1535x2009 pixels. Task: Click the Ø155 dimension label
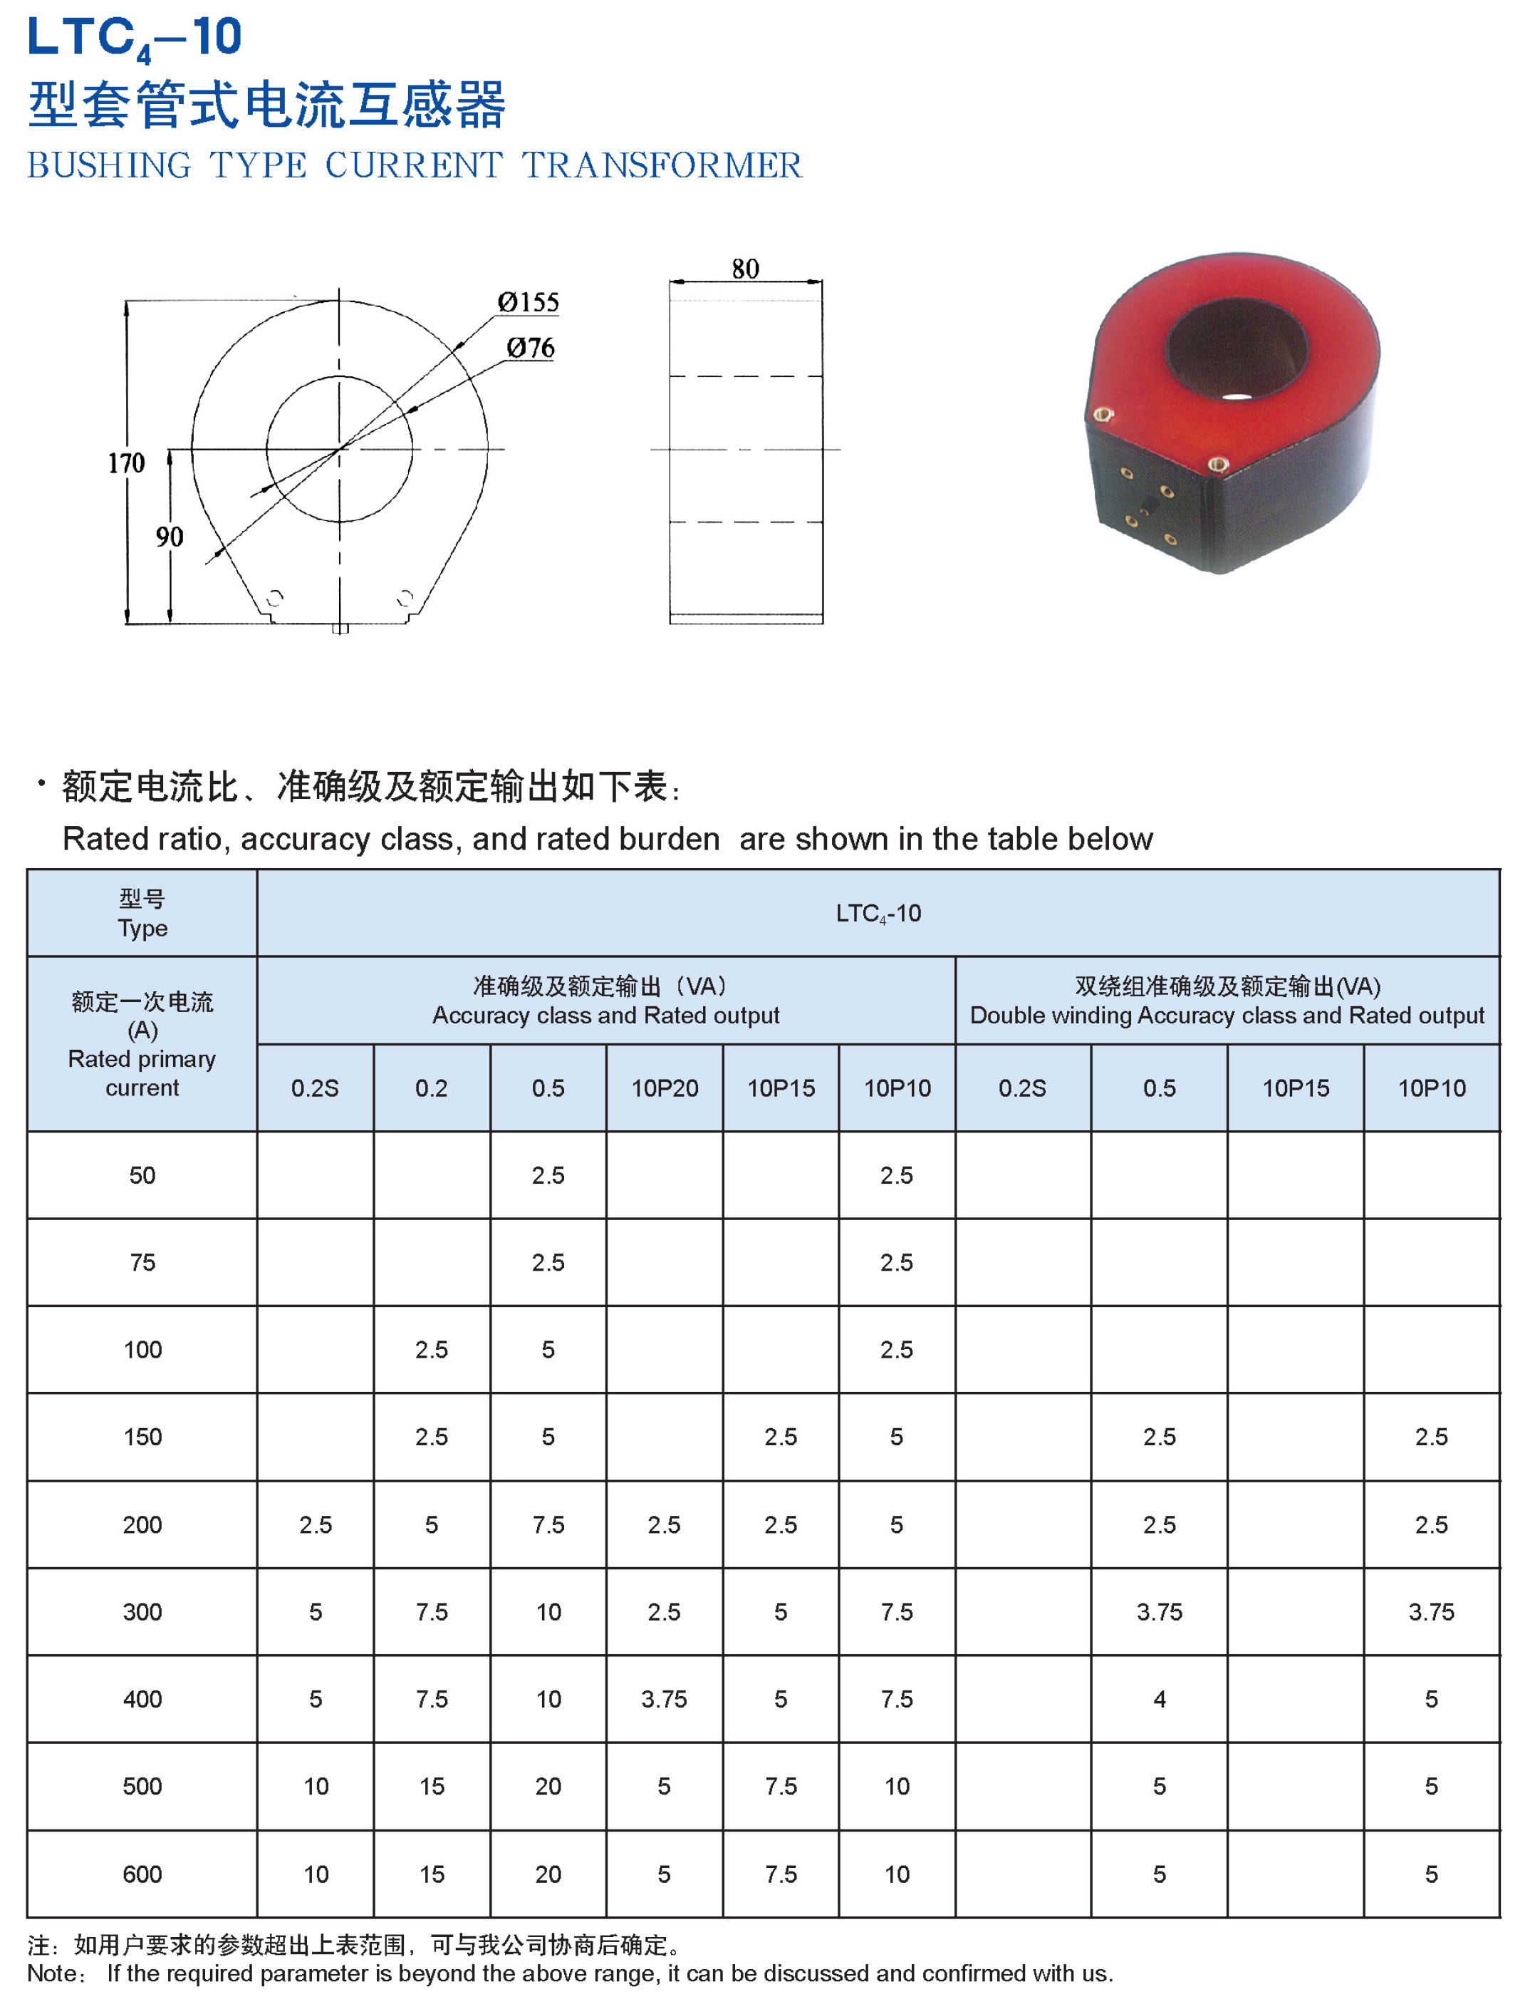click(527, 303)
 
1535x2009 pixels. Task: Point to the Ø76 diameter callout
click(531, 348)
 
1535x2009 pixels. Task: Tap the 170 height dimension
click(126, 463)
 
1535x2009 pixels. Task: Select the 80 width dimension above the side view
click(744, 269)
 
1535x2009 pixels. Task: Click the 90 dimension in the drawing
click(169, 537)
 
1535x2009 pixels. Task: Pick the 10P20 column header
click(665, 1088)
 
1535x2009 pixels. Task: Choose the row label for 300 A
click(142, 1611)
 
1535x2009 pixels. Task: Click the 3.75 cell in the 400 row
click(665, 1699)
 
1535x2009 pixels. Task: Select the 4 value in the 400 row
click(1159, 1699)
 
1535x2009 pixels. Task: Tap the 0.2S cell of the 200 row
click(316, 1524)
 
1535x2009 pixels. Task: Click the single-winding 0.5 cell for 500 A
click(548, 1786)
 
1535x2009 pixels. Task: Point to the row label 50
click(142, 1175)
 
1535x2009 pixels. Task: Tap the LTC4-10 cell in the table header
click(878, 913)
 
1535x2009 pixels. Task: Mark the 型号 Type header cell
click(142, 913)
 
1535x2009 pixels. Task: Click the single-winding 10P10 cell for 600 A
click(896, 1874)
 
